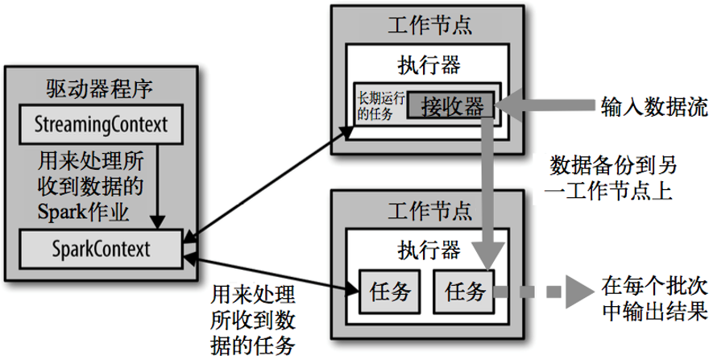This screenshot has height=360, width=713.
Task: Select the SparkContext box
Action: point(98,247)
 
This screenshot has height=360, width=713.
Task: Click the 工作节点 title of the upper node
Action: point(429,24)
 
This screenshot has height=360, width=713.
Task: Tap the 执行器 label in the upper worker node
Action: point(429,63)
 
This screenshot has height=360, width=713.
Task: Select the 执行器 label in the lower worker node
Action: point(429,249)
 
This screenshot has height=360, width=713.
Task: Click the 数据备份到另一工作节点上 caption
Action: point(612,178)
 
